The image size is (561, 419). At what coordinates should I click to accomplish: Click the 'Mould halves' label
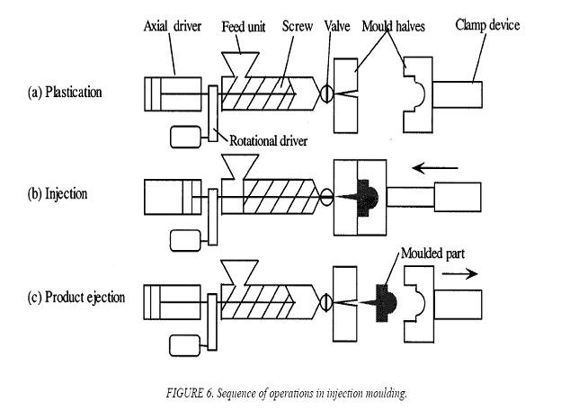click(393, 26)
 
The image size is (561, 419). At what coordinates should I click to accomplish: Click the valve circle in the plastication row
click(325, 92)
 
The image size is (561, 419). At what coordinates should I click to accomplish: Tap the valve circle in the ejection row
click(325, 297)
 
